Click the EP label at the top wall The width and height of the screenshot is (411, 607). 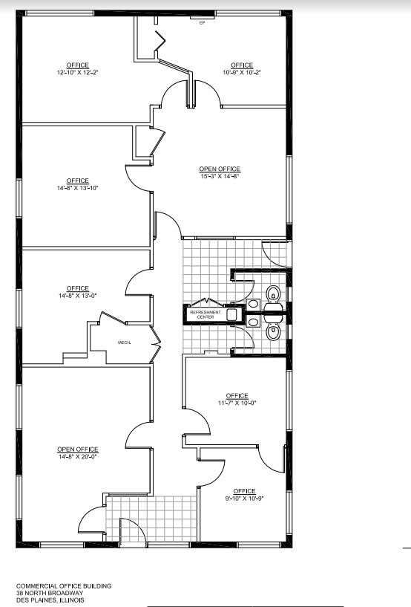202,23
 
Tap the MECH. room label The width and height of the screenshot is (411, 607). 124,343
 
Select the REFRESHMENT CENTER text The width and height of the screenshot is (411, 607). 205,314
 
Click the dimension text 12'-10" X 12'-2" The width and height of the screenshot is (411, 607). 78,72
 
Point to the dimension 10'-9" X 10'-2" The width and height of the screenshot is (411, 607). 242,72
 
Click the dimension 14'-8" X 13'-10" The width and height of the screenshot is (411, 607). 78,188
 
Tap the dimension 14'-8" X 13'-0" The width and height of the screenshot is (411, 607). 78,296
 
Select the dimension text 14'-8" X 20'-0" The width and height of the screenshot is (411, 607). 78,457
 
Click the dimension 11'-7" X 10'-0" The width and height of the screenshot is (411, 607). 237,403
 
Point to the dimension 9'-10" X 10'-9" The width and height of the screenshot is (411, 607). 244,499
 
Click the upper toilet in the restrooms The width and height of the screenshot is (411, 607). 274,295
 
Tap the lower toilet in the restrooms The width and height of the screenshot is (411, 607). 274,331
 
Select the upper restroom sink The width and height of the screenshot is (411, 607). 253,303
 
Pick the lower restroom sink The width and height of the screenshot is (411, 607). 253,322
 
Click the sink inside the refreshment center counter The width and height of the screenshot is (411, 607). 231,314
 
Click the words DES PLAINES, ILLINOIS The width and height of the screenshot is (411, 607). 50,600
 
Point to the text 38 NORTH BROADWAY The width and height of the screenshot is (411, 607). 50,593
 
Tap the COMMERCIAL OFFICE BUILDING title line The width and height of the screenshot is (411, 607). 64,586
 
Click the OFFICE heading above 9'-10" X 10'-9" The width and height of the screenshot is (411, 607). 244,491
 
